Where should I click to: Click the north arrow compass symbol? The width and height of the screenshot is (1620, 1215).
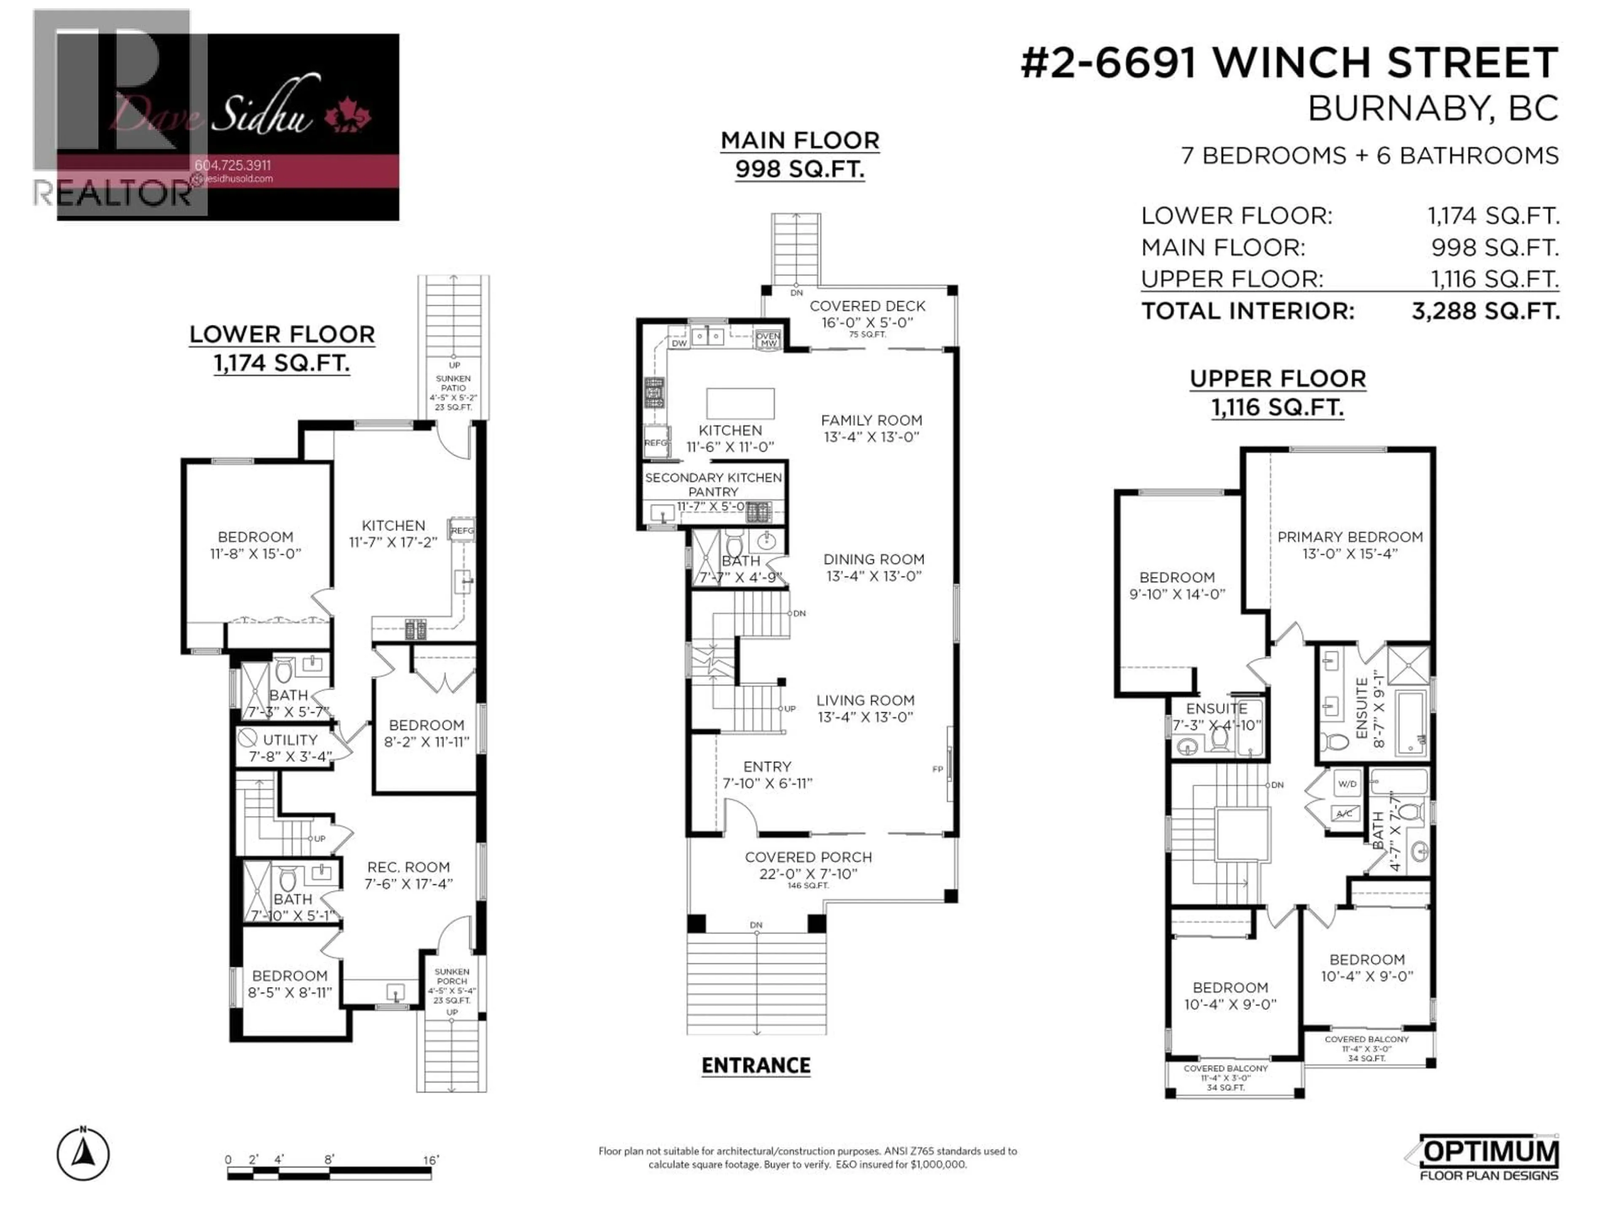(x=84, y=1154)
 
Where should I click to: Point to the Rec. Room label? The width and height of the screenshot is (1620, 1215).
(x=408, y=867)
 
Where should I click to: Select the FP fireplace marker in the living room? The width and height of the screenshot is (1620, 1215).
(x=937, y=769)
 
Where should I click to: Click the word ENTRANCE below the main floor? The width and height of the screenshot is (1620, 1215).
(x=756, y=1066)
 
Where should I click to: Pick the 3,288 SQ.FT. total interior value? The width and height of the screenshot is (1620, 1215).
(x=1485, y=311)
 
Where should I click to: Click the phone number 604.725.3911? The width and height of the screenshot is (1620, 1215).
(x=233, y=165)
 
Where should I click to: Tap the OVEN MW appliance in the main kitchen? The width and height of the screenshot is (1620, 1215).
(x=768, y=340)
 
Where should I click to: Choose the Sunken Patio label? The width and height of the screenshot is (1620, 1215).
(x=454, y=383)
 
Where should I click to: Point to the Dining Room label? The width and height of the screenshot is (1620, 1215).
(x=874, y=559)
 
